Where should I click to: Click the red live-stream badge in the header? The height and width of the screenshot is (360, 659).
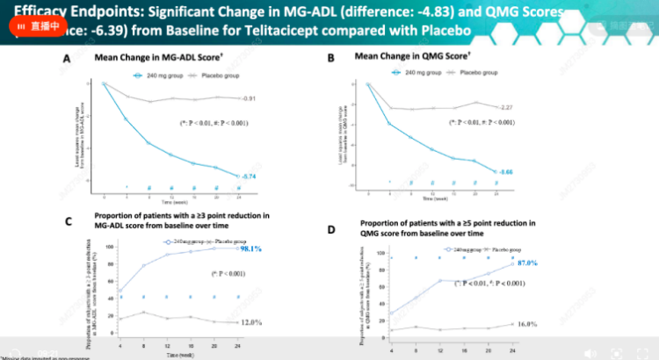[33, 26]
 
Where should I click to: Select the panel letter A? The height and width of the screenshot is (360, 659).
[67, 59]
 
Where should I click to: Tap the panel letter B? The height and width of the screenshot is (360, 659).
[331, 59]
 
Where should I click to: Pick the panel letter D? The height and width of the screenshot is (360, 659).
[332, 230]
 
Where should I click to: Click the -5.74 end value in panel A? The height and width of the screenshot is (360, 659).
[250, 176]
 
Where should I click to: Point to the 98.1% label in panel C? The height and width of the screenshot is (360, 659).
[253, 249]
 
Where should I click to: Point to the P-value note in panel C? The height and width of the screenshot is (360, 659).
[202, 274]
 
